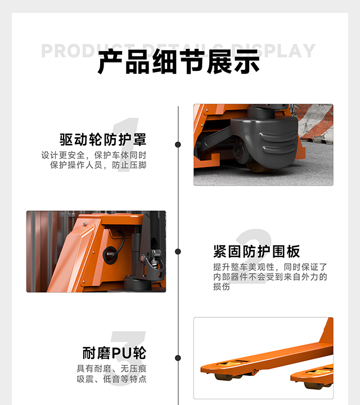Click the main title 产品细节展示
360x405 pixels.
click(179, 62)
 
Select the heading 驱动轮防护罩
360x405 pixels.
click(103, 139)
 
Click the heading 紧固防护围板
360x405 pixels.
click(256, 251)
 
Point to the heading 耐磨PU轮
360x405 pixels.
click(114, 353)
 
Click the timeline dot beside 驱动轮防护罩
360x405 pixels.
click(178, 145)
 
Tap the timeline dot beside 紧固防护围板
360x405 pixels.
click(178, 251)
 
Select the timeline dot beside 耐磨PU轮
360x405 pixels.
click(178, 358)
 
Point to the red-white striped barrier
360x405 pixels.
click(318, 124)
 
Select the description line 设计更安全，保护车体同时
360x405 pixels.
click(93, 155)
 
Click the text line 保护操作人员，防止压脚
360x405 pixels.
click(98, 165)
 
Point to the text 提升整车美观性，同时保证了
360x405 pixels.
click(269, 267)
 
